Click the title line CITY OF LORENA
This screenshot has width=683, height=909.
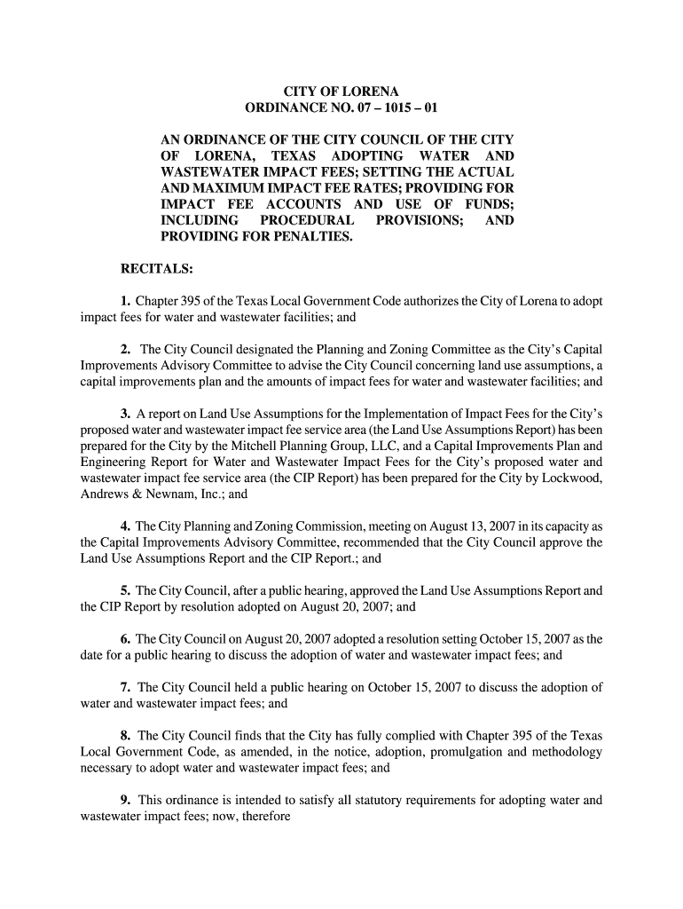(x=341, y=92)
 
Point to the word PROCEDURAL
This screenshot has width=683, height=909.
(x=304, y=220)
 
